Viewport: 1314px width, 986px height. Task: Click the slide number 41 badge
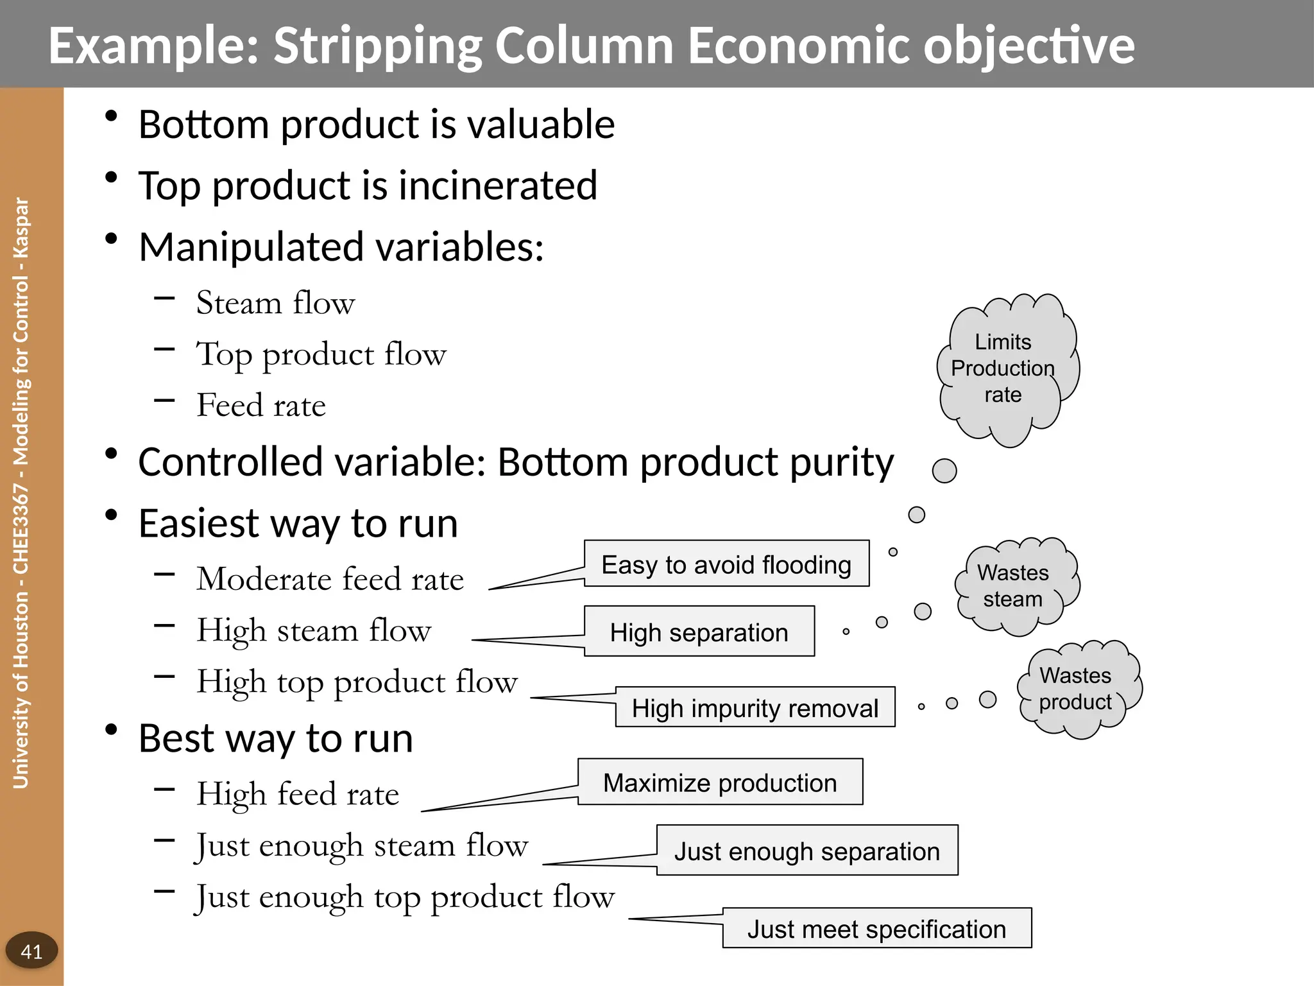[x=31, y=951]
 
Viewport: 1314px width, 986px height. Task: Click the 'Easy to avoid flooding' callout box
[x=726, y=564]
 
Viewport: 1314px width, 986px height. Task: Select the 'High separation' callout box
[x=699, y=632]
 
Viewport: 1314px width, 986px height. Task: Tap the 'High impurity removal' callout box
[x=755, y=707]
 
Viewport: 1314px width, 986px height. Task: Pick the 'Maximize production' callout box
[x=720, y=782]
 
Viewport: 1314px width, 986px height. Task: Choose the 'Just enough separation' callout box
[x=807, y=851]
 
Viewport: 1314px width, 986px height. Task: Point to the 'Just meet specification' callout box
[x=877, y=928]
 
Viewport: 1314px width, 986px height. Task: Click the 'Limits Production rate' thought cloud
[x=1004, y=368]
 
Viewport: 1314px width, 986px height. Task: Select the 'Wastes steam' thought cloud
[x=1014, y=585]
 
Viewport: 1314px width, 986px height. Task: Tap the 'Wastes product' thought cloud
[x=1076, y=689]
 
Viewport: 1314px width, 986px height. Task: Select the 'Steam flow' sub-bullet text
[x=275, y=302]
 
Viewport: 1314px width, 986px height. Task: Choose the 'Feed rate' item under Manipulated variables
[x=261, y=405]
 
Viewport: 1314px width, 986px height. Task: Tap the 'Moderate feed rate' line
[x=330, y=578]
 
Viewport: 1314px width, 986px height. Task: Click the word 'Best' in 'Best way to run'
[x=175, y=738]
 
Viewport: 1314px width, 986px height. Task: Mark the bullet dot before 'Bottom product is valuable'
[x=111, y=116]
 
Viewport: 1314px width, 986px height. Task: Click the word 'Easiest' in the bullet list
[x=198, y=523]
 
